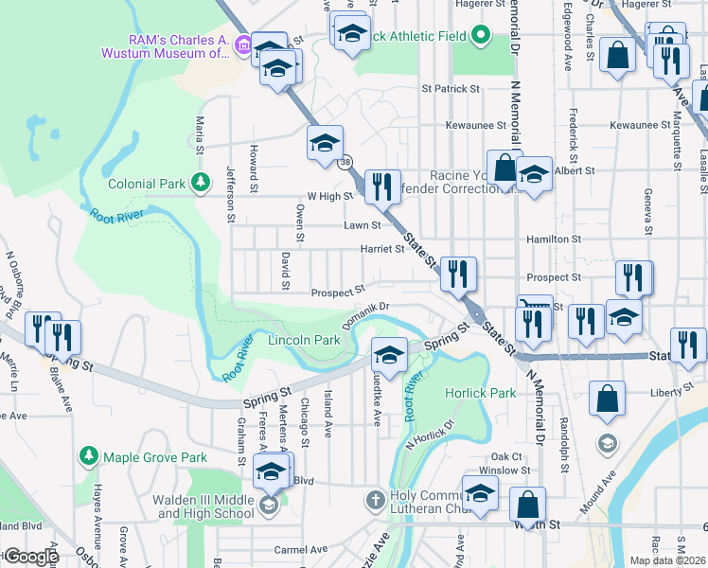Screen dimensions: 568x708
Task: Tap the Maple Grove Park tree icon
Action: click(x=89, y=457)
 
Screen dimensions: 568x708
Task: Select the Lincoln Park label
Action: click(x=304, y=340)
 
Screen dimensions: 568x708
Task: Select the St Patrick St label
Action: click(x=451, y=88)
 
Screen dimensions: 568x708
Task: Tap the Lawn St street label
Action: click(x=362, y=225)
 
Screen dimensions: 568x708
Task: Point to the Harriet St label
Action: click(x=381, y=250)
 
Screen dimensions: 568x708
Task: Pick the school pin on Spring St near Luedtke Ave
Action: click(x=388, y=355)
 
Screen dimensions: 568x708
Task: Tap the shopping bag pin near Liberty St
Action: click(x=607, y=399)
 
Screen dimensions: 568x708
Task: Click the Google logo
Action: click(x=31, y=557)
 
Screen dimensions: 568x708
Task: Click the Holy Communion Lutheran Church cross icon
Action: click(x=375, y=499)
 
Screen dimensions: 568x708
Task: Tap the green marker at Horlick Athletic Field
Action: click(x=480, y=37)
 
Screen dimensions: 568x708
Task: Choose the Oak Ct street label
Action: click(x=506, y=456)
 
